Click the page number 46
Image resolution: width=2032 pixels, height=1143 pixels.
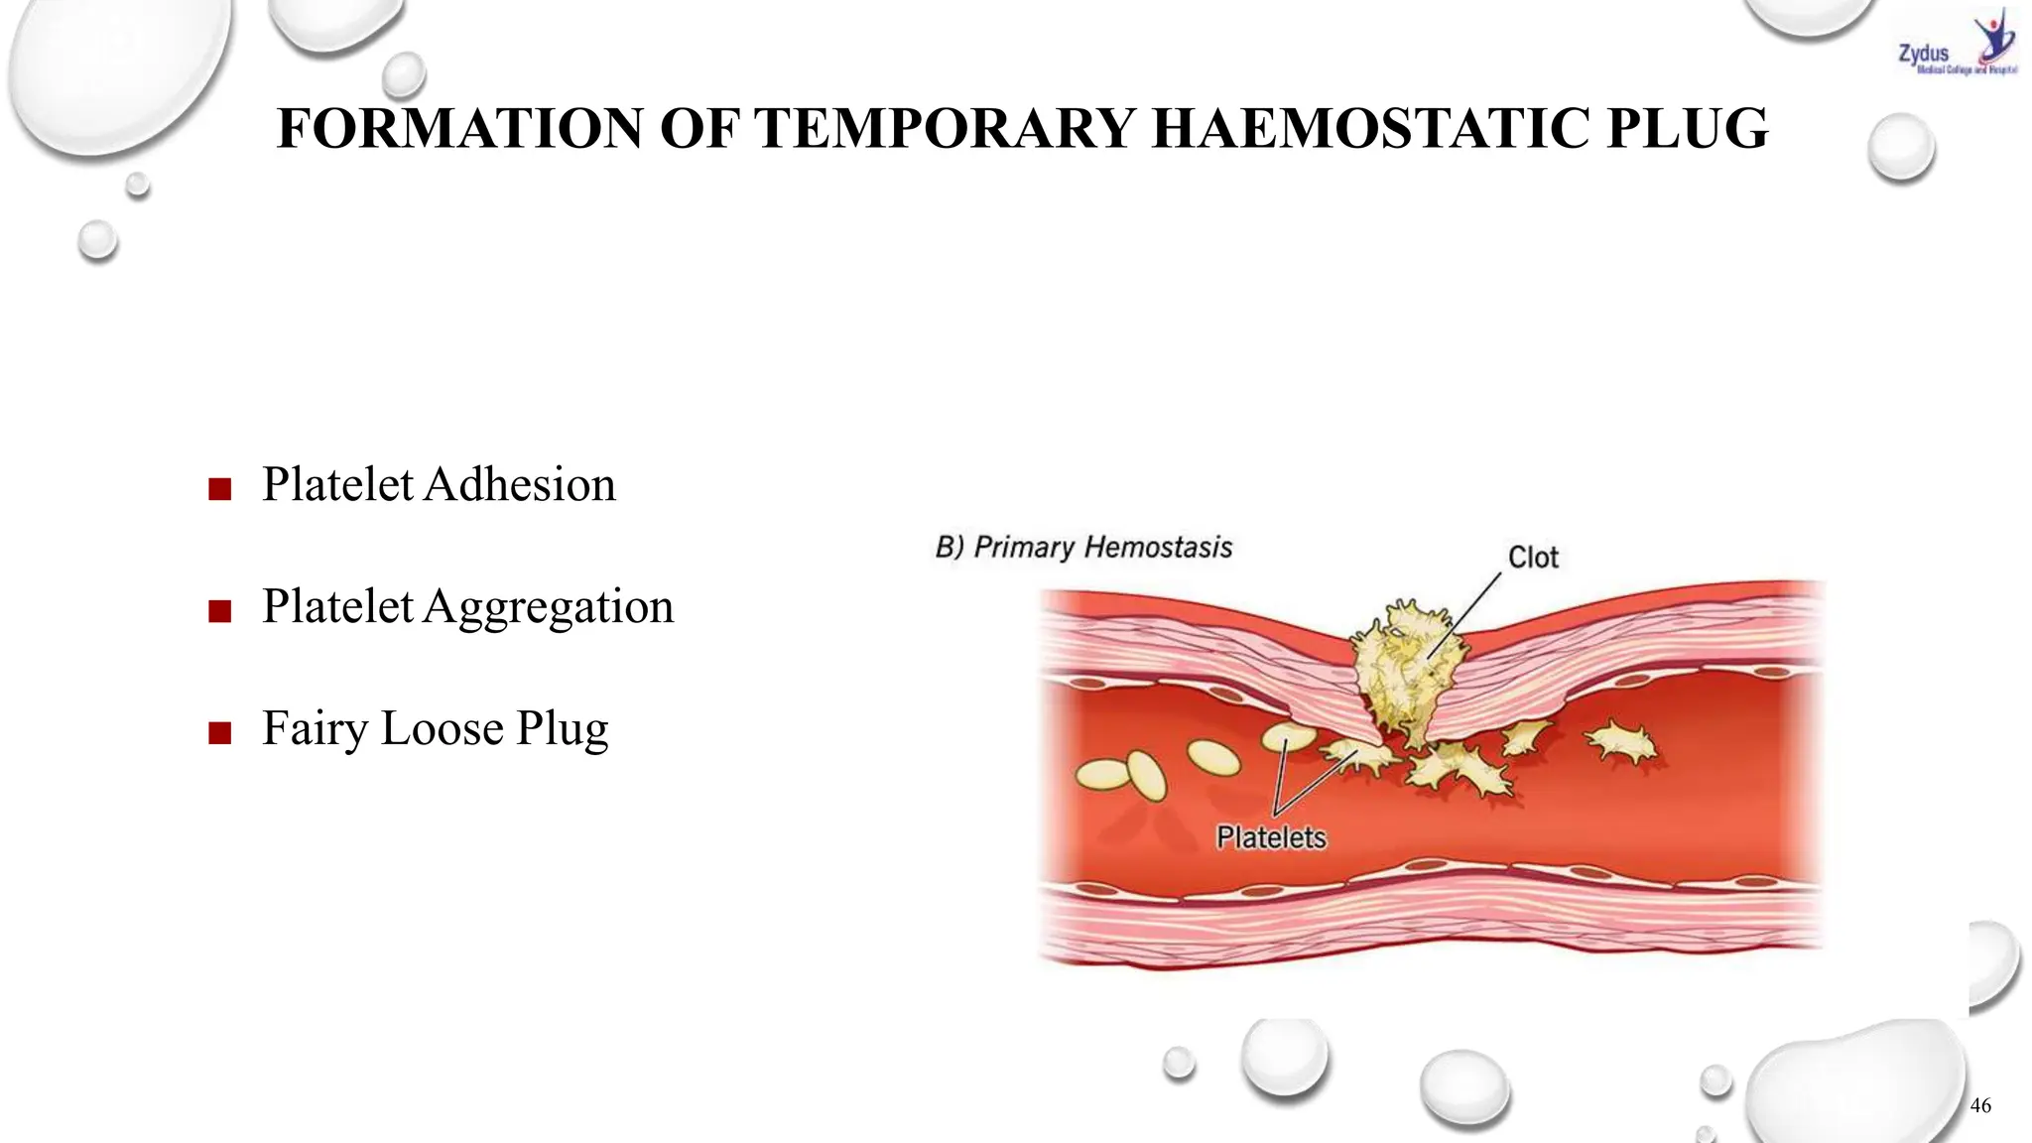tap(1980, 1105)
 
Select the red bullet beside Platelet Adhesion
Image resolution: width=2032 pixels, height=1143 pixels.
tap(220, 489)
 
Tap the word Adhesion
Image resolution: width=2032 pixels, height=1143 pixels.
tap(520, 485)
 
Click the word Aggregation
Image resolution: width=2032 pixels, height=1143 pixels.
tap(549, 607)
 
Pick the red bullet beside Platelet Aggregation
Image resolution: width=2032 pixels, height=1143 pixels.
tap(220, 611)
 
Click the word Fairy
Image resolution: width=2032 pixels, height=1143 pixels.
tap(315, 729)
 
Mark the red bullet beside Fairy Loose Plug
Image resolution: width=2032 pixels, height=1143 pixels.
tap(220, 733)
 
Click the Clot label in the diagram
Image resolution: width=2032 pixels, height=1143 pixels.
tap(1533, 558)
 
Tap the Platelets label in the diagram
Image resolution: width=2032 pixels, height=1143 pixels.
tap(1271, 838)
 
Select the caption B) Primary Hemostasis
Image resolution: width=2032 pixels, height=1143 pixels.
tap(1083, 548)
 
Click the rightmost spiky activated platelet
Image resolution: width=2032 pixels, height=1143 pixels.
tap(1621, 743)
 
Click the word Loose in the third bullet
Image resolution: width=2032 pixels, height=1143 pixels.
tap(442, 729)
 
